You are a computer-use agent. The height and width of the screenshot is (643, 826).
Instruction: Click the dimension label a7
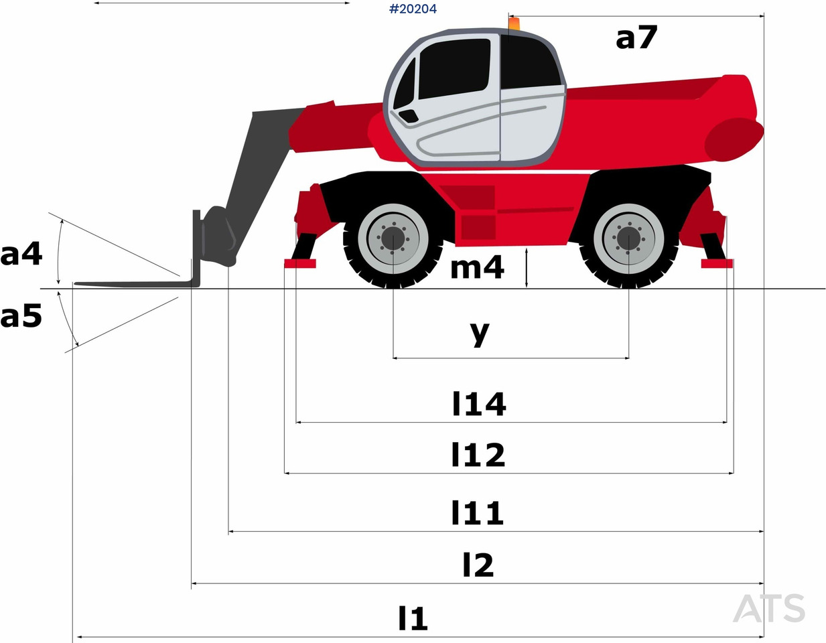[636, 38]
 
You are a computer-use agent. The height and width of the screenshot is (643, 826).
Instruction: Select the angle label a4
[21, 255]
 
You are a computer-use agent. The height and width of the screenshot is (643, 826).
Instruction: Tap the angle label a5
[21, 315]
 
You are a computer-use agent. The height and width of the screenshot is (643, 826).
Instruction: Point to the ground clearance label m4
[477, 267]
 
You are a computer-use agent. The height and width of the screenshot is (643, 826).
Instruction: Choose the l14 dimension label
[478, 404]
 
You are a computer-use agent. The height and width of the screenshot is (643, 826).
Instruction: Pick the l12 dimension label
[478, 455]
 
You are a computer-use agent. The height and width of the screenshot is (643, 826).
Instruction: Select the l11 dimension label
[477, 513]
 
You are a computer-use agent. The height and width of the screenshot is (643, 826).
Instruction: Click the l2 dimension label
[478, 565]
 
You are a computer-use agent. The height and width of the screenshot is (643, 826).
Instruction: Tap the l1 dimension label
[413, 618]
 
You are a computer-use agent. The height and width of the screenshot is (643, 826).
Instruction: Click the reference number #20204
[413, 9]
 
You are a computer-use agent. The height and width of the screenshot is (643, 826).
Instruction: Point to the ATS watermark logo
[769, 608]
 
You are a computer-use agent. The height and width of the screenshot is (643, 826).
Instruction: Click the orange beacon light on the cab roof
[514, 25]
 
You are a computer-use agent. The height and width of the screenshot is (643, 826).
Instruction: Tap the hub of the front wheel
[393, 238]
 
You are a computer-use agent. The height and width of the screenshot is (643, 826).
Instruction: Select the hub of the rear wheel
[628, 238]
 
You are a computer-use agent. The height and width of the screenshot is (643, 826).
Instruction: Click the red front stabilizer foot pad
[299, 263]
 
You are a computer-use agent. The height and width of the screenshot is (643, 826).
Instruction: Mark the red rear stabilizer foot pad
[717, 263]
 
